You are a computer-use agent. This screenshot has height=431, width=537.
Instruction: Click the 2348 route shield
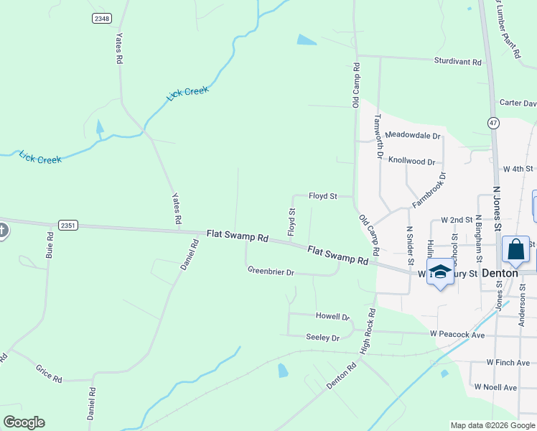pyautogui.click(x=101, y=18)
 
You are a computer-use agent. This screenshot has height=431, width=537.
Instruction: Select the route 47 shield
pyautogui.click(x=493, y=123)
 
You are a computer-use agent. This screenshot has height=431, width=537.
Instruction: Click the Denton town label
pyautogui.click(x=500, y=273)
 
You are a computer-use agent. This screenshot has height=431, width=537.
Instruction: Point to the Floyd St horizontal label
pyautogui.click(x=323, y=195)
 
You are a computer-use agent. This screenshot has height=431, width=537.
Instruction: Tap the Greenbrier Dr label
pyautogui.click(x=271, y=272)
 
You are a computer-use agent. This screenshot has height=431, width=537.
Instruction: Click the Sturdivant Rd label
pyautogui.click(x=457, y=62)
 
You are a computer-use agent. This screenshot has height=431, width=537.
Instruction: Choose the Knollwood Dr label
pyautogui.click(x=411, y=162)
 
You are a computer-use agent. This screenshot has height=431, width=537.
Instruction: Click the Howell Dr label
pyautogui.click(x=332, y=316)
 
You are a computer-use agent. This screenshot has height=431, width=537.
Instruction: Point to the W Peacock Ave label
pyautogui.click(x=457, y=335)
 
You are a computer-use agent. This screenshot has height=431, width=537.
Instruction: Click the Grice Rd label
pyautogui.click(x=49, y=373)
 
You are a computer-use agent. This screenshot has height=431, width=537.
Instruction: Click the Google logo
pyautogui.click(x=24, y=422)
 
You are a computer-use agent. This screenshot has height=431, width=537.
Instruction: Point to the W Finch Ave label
pyautogui.click(x=507, y=363)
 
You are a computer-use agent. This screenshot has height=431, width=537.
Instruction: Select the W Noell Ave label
pyautogui.click(x=495, y=387)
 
